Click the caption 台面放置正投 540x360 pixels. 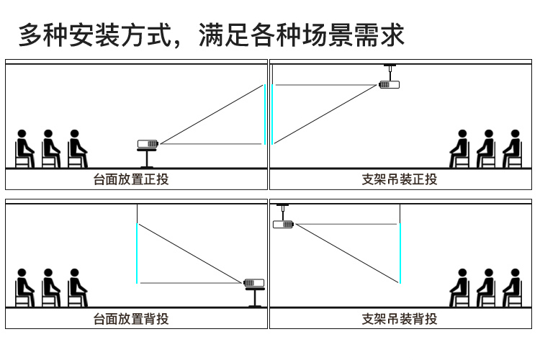[131, 179]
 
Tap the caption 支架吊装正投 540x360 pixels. [400, 179]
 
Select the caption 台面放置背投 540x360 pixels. [131, 319]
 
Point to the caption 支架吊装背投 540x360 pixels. [400, 319]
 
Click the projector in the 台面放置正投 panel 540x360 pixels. [148, 144]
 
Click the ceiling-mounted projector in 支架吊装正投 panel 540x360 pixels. [389, 84]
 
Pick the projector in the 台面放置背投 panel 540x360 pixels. [254, 283]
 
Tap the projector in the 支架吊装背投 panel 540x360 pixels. [283, 224]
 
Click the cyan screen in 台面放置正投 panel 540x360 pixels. [265, 114]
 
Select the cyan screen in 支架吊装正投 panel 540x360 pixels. [272, 114]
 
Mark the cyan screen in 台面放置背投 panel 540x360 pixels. [137, 253]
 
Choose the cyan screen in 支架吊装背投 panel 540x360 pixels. [400, 253]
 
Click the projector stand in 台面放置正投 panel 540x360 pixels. [147, 158]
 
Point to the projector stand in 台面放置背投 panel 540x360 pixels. [255, 297]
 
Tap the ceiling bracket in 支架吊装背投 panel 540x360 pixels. [283, 212]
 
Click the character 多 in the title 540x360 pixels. [31, 35]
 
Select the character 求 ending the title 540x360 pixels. [392, 35]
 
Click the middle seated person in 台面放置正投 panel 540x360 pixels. [50, 148]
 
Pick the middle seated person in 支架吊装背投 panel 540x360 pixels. [486, 288]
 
